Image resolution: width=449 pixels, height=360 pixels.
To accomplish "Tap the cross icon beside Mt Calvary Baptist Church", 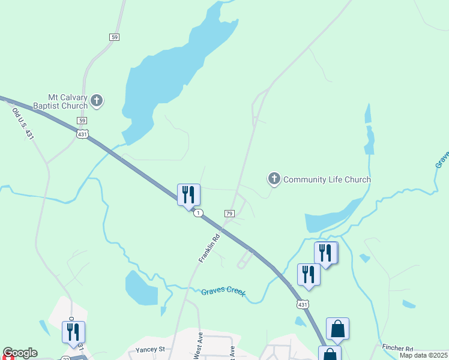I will point(97,101).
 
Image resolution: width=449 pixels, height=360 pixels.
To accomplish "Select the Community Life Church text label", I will point(327,179).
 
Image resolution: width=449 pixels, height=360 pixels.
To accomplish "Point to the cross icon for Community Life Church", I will point(274,178).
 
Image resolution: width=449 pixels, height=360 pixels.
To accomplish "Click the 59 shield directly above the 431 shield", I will point(82,121).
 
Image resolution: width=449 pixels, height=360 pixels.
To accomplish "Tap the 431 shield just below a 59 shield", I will point(82,134).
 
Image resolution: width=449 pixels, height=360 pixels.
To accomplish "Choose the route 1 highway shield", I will point(199,213).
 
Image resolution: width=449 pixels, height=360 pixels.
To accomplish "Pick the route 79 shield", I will point(229,214).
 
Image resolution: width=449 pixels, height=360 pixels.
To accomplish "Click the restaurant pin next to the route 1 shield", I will point(188,195).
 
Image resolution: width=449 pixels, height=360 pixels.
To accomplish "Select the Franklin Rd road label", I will point(209,247).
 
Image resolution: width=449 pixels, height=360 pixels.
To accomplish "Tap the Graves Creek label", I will point(223,292).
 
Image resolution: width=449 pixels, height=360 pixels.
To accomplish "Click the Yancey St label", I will point(149,349).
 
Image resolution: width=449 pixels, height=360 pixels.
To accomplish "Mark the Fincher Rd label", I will point(397,348).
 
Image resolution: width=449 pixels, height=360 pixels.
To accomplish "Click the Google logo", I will point(20,353).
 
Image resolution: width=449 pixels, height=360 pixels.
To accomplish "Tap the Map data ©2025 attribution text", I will point(424,355).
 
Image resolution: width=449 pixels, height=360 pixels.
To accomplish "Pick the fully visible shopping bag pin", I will point(337,329).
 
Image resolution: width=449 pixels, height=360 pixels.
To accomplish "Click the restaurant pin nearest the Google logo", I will point(73,332).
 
